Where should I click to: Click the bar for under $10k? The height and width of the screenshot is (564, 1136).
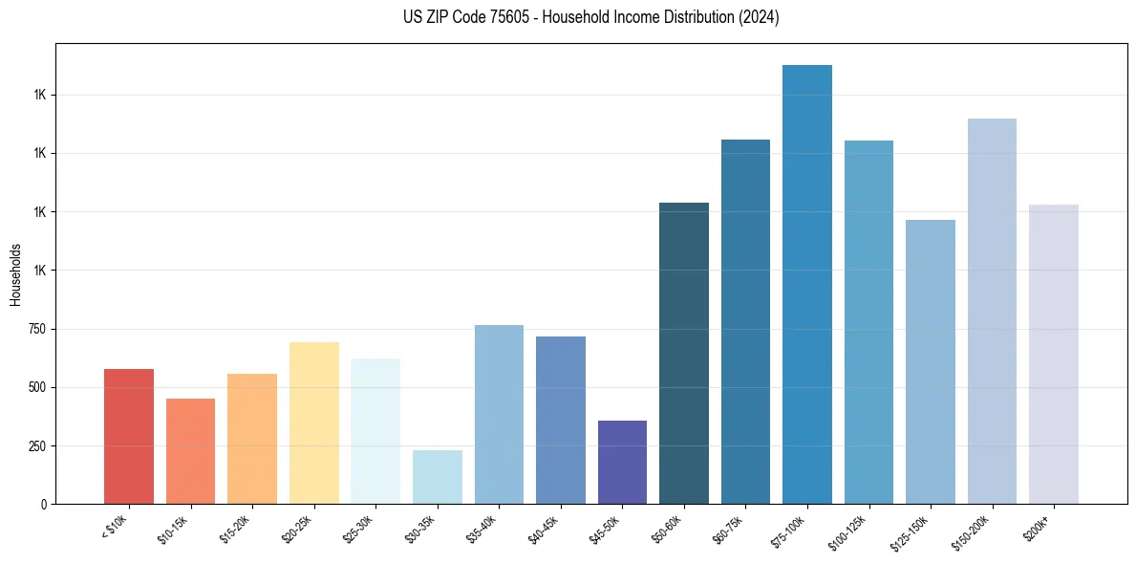(x=129, y=436)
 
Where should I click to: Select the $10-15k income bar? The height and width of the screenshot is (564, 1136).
(x=190, y=451)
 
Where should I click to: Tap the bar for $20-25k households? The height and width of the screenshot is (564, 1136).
(x=313, y=423)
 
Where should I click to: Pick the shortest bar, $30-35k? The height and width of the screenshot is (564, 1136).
(x=437, y=477)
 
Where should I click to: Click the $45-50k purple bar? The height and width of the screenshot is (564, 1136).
(x=622, y=462)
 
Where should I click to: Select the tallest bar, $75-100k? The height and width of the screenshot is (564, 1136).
(x=807, y=284)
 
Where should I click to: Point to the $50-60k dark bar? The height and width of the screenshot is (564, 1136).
(x=684, y=353)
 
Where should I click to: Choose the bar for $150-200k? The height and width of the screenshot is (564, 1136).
(x=992, y=311)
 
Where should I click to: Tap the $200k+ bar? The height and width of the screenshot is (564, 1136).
(x=1054, y=354)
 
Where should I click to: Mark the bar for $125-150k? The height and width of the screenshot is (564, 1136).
(x=931, y=361)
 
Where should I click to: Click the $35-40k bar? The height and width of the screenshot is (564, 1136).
(x=499, y=414)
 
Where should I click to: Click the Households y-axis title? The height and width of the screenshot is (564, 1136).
(x=15, y=273)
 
